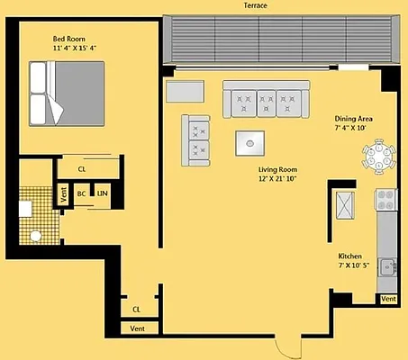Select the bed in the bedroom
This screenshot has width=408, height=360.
click(59, 93)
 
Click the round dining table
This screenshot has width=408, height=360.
click(380, 159)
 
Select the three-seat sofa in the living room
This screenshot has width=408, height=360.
click(266, 97)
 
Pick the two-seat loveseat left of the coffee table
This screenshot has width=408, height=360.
click(198, 139)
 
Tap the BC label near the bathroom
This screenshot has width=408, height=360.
click(81, 193)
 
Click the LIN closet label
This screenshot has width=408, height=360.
click(103, 193)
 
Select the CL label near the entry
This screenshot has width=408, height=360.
click(137, 309)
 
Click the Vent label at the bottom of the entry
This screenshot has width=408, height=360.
click(138, 329)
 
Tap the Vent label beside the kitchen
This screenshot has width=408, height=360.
click(388, 299)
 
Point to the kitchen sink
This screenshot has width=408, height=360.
click(388, 265)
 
